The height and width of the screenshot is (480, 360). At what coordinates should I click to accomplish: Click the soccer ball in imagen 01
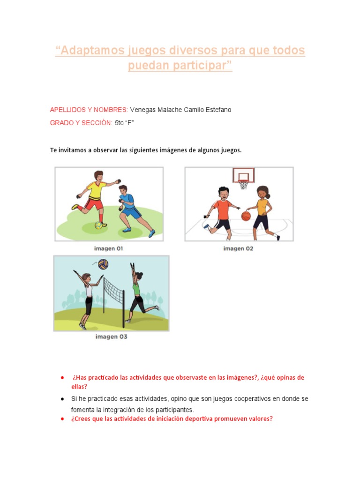[98, 225]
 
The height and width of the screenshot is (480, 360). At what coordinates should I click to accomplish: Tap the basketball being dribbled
[246, 216]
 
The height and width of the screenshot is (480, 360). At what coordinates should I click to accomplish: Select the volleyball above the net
[103, 264]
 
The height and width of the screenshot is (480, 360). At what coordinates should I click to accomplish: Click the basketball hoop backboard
[243, 176]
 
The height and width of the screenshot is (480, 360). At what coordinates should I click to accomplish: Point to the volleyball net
[113, 291]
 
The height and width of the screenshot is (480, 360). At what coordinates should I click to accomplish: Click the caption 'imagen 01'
[109, 249]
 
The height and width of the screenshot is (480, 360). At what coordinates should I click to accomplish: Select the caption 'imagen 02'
[238, 248]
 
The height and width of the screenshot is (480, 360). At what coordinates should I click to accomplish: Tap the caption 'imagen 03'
[111, 337]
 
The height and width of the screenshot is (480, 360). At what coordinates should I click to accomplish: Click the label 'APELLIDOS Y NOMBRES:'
[89, 110]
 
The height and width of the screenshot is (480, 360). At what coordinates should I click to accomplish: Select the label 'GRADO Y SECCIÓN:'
[81, 123]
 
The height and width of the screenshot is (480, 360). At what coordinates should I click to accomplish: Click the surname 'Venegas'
[142, 110]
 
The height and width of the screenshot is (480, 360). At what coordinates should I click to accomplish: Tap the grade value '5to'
[120, 123]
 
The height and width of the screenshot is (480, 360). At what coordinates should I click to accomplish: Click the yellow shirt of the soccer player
[97, 190]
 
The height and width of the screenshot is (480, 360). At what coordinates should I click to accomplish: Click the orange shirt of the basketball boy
[222, 208]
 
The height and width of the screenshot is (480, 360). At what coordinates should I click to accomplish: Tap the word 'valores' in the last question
[258, 419]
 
